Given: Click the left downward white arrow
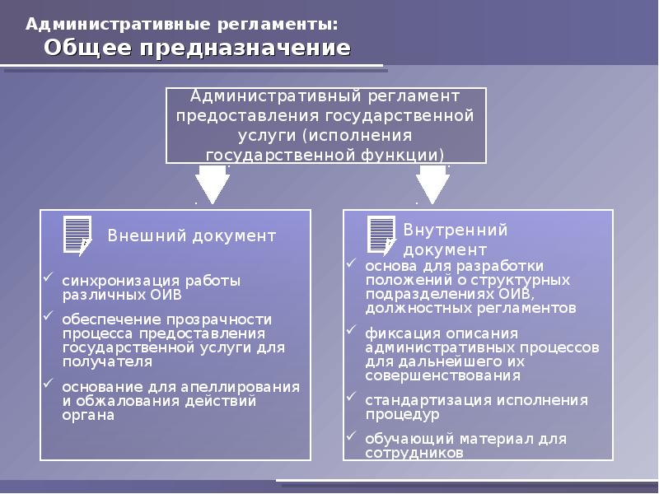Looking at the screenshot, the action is point(213,183).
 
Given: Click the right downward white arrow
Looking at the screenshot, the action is point(432,183).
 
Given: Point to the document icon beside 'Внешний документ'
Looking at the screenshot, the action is point(77,234).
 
